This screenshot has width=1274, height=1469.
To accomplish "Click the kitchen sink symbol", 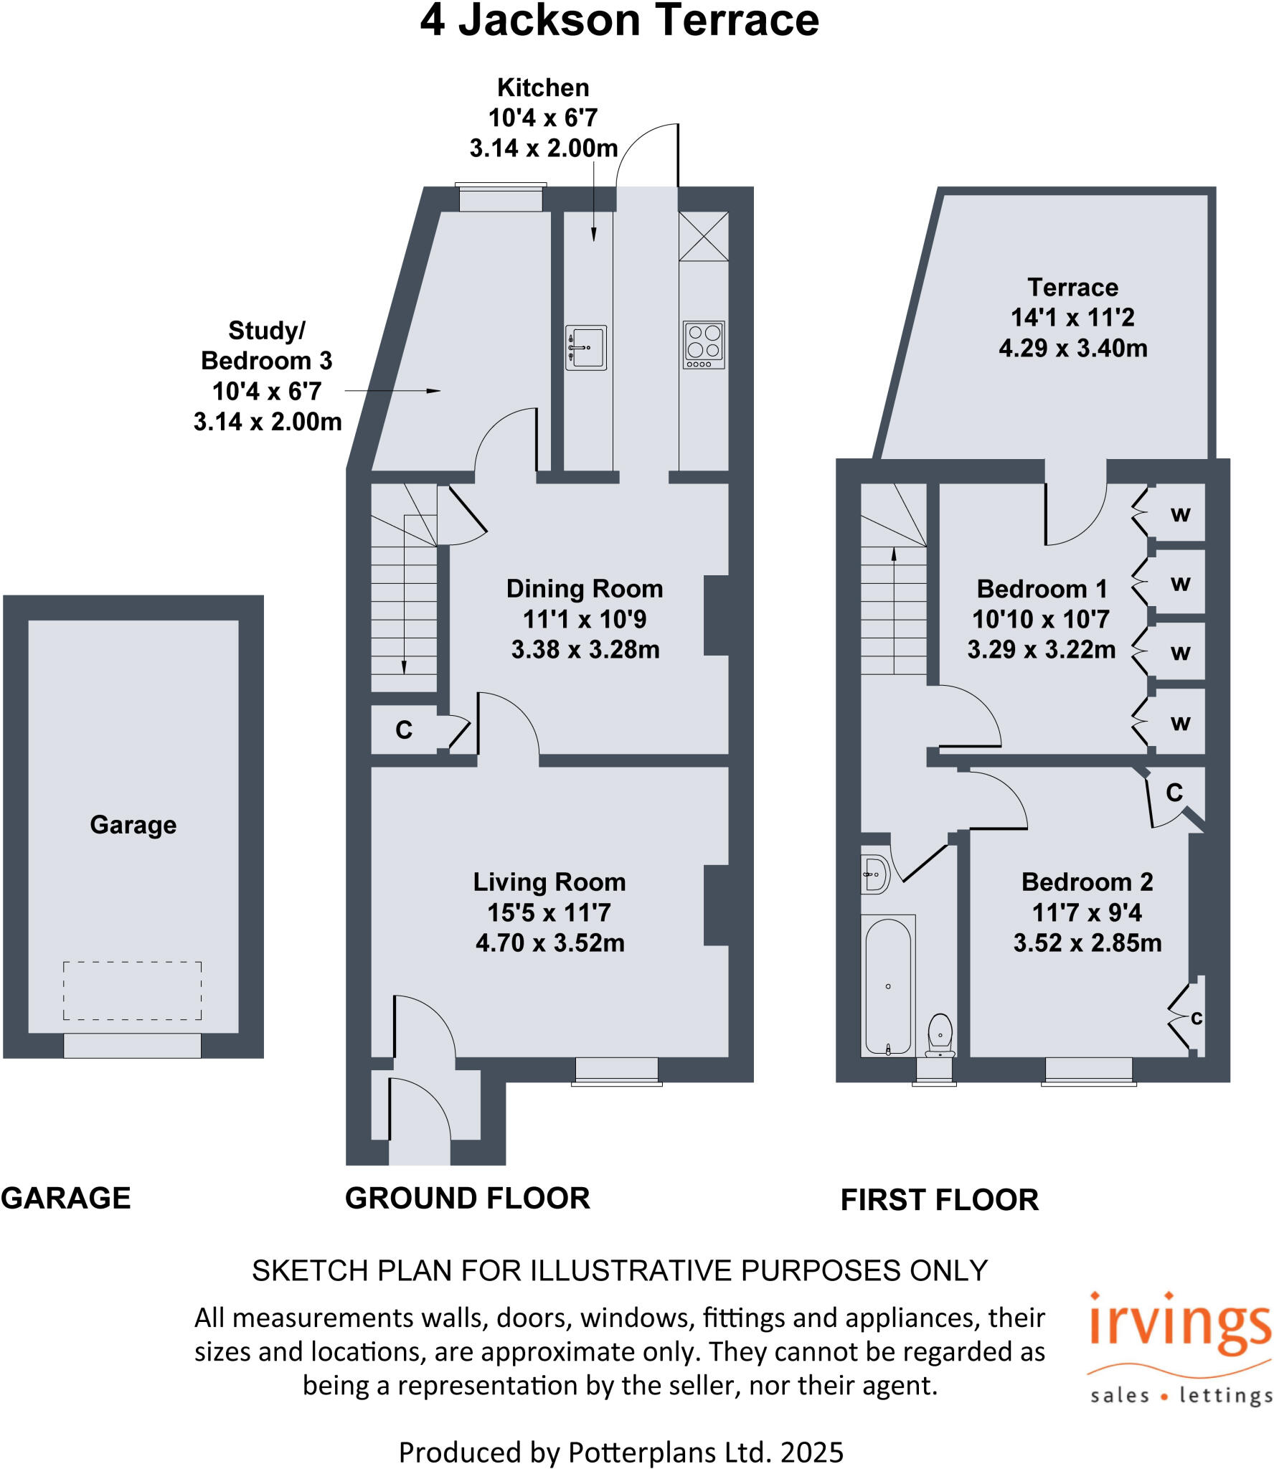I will click(x=585, y=348).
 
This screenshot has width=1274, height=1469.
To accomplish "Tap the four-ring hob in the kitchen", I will click(x=703, y=344).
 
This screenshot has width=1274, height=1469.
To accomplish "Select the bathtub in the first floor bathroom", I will click(x=888, y=987).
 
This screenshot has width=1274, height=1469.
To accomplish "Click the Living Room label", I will click(x=549, y=882).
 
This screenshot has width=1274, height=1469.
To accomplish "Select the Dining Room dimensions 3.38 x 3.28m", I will click(x=585, y=650).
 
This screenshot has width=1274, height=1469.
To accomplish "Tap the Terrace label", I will click(x=1072, y=288).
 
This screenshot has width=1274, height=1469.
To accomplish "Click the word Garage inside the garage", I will click(x=133, y=825).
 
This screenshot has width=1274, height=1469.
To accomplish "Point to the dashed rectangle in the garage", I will click(x=132, y=990).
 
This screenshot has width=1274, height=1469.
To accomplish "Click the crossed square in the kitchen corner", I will click(x=703, y=236).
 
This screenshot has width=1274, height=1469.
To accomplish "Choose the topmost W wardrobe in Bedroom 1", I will click(x=1180, y=514).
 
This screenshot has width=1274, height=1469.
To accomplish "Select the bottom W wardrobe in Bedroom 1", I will click(x=1180, y=723).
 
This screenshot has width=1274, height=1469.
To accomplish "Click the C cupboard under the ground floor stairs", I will click(x=404, y=730).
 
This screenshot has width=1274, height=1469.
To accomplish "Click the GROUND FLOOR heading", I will click(x=467, y=1199).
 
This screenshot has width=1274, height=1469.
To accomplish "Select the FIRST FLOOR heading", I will click(x=939, y=1200).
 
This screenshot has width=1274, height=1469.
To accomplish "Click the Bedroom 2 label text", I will click(x=1087, y=882).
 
